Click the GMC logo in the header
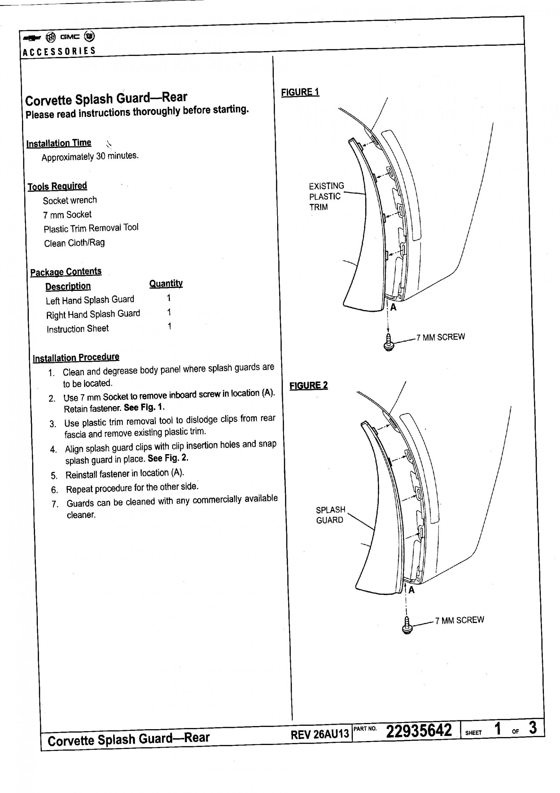(x=70, y=37)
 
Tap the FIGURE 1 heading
(x=300, y=93)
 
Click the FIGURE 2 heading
(x=308, y=385)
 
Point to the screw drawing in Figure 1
(x=389, y=342)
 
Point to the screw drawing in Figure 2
(x=407, y=625)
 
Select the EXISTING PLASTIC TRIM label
(x=326, y=196)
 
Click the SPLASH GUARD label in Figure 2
(x=330, y=515)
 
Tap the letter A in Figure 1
(x=393, y=307)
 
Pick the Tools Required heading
(x=57, y=186)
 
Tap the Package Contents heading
(x=66, y=272)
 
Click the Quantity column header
(x=166, y=283)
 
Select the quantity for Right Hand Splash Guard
(x=169, y=312)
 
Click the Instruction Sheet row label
(x=78, y=329)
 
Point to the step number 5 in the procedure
(x=54, y=476)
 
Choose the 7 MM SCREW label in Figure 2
(x=459, y=620)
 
